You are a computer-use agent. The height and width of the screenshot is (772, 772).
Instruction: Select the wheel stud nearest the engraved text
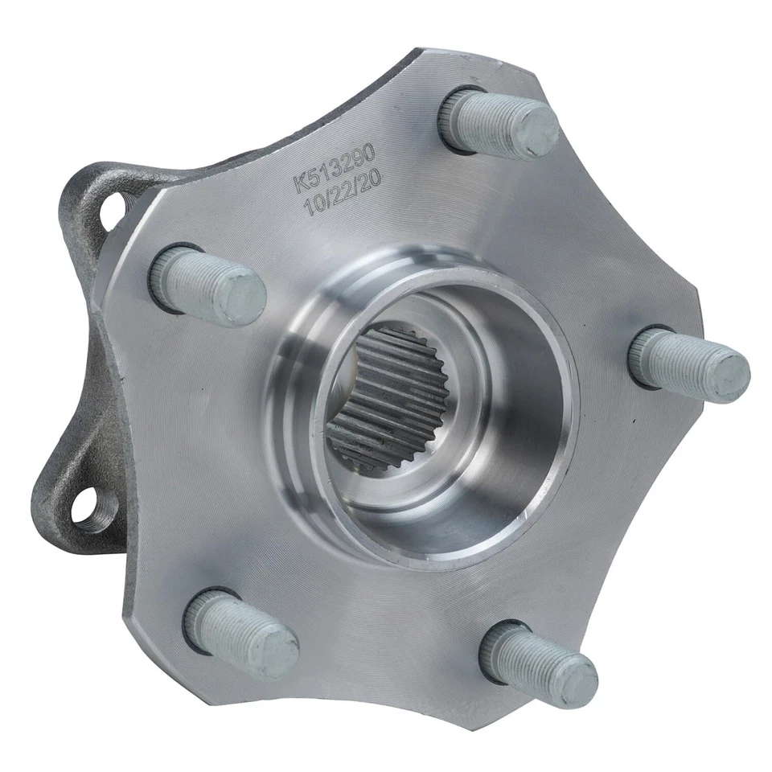point(499,122)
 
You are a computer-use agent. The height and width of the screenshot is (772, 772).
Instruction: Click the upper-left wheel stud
point(207,285)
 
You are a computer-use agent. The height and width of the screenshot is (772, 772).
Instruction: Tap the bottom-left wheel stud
point(240,631)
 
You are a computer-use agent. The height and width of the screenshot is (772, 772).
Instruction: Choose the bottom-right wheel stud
point(538,663)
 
